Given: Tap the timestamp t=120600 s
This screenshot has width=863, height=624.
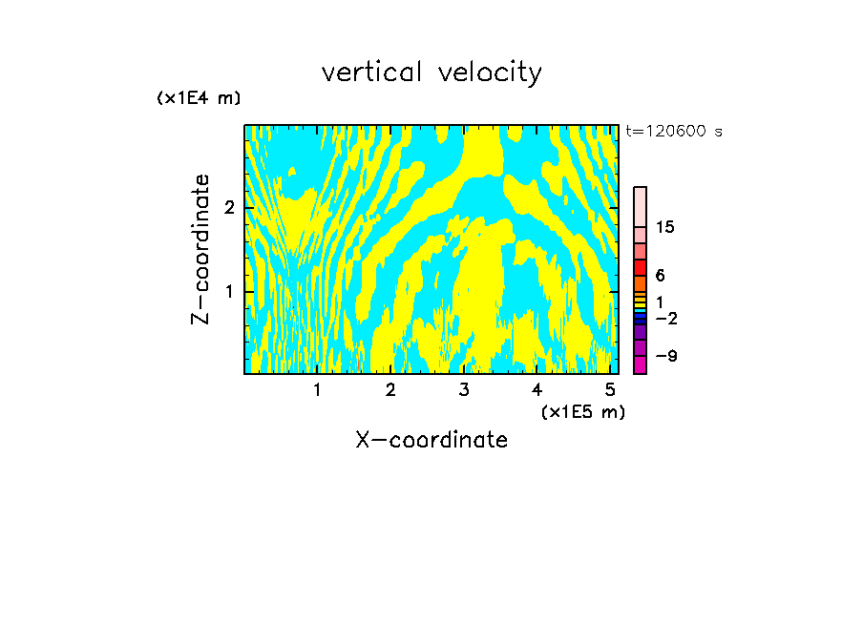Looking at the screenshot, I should [x=674, y=132].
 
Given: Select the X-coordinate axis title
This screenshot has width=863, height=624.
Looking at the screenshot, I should [x=431, y=440].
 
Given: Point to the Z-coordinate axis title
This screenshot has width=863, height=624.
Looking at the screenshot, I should [x=200, y=249].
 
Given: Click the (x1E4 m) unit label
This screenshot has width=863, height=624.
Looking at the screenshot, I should [x=199, y=98].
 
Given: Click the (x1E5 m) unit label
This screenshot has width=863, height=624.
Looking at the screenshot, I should [x=582, y=411].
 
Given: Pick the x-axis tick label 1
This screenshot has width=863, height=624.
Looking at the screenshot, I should [x=317, y=389].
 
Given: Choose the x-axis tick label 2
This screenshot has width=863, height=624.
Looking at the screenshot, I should [x=390, y=389].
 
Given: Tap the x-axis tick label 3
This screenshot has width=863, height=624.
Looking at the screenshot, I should [x=464, y=389].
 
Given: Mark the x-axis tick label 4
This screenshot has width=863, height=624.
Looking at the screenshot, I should [x=537, y=389].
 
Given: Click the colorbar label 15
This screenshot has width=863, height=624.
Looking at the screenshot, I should [x=665, y=227].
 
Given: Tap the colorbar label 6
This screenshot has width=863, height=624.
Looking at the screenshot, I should [x=660, y=275].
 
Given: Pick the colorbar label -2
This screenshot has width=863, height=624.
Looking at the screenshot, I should [x=665, y=318].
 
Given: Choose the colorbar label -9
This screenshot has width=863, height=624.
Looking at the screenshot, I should [x=665, y=356].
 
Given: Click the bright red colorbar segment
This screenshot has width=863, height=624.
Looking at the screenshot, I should [x=640, y=268].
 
